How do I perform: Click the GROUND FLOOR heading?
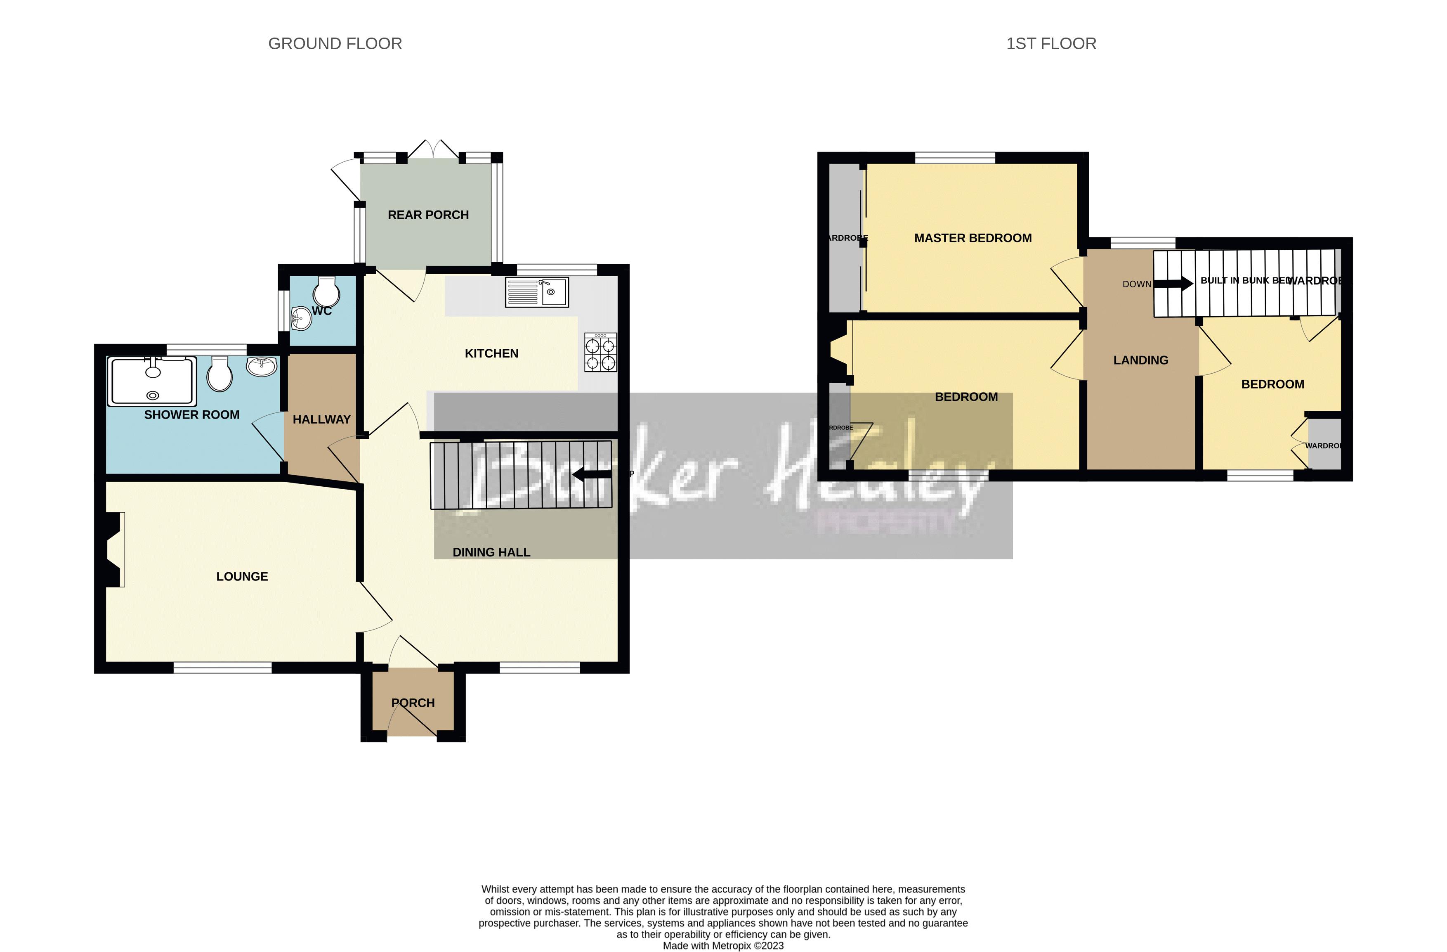335,44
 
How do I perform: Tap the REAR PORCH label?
428,215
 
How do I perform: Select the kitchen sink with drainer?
537,292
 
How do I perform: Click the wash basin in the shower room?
262,366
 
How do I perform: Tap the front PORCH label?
413,703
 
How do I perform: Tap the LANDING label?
1140,360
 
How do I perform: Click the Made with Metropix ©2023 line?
723,945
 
